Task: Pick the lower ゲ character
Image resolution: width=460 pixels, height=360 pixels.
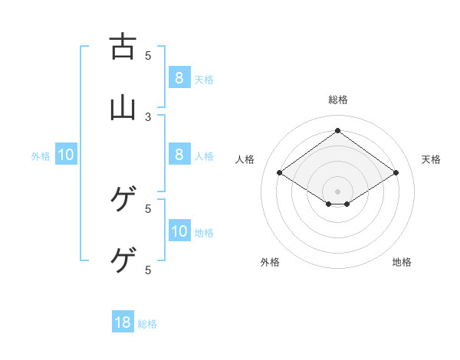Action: (123, 260)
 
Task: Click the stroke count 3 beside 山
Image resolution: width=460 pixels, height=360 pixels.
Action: (149, 116)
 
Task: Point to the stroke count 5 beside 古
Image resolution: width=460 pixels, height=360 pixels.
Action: (149, 55)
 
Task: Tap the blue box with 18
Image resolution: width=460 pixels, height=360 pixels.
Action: (123, 322)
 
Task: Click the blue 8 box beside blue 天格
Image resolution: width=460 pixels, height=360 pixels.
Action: (179, 78)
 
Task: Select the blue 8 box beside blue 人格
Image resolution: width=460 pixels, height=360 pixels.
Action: (179, 155)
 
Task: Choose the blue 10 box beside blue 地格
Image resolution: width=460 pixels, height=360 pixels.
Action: (179, 231)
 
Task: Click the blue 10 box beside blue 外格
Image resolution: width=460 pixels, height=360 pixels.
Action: (66, 155)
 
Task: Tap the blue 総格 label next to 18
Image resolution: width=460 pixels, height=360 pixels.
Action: (147, 324)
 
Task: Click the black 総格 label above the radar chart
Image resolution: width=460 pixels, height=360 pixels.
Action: (338, 100)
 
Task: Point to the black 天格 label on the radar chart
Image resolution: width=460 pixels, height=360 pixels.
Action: (431, 159)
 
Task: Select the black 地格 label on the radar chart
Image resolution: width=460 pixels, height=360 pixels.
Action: (402, 262)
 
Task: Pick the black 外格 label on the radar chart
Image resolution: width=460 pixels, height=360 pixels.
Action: (270, 262)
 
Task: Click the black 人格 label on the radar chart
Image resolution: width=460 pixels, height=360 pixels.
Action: (245, 159)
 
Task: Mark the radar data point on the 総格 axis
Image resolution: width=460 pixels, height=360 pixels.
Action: (338, 130)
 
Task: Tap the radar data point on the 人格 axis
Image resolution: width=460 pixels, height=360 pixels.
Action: (280, 173)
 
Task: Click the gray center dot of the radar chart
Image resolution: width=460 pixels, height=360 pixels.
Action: (338, 191)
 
